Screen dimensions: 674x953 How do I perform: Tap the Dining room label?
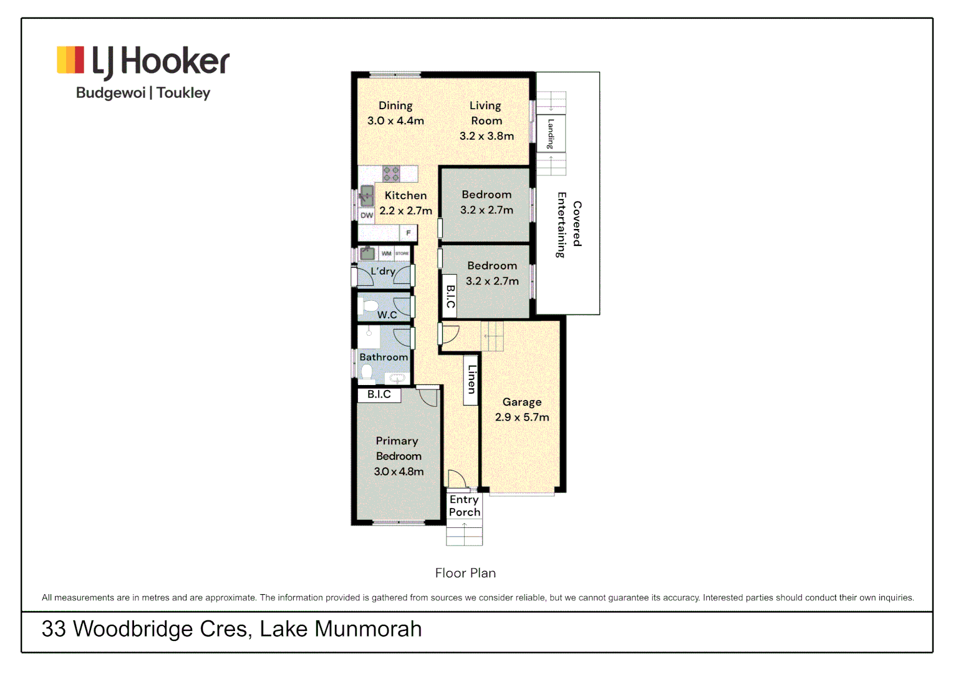395,106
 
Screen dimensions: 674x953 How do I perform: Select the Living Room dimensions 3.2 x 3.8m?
486,136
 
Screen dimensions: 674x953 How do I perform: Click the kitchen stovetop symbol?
391,173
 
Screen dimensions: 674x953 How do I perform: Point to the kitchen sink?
367,195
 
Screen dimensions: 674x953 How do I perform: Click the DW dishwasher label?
367,215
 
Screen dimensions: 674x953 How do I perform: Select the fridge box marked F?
409,233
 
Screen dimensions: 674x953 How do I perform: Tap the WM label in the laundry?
386,253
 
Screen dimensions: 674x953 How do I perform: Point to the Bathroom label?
384,357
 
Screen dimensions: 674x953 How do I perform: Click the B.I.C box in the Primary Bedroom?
379,394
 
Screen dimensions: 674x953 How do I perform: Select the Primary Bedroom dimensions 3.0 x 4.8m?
399,472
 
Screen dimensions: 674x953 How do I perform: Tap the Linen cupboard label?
472,379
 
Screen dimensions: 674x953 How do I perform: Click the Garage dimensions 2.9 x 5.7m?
522,418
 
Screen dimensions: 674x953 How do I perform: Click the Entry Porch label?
465,506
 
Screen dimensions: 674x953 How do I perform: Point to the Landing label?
551,133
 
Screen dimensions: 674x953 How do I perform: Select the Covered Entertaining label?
569,225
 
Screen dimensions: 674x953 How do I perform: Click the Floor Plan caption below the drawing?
465,573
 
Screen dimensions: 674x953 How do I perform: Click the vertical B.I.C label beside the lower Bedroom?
450,296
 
